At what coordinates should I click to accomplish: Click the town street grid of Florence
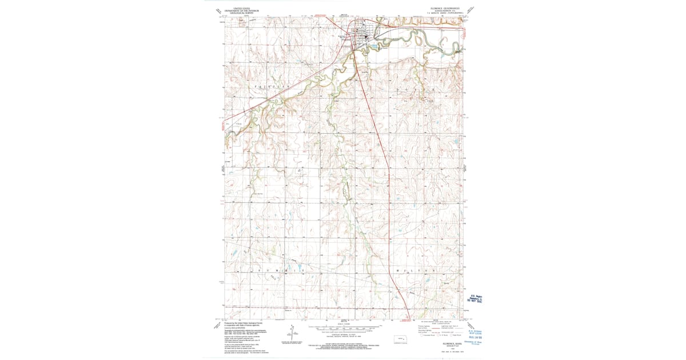[364, 33]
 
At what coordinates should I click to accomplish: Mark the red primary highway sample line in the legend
[426, 326]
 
